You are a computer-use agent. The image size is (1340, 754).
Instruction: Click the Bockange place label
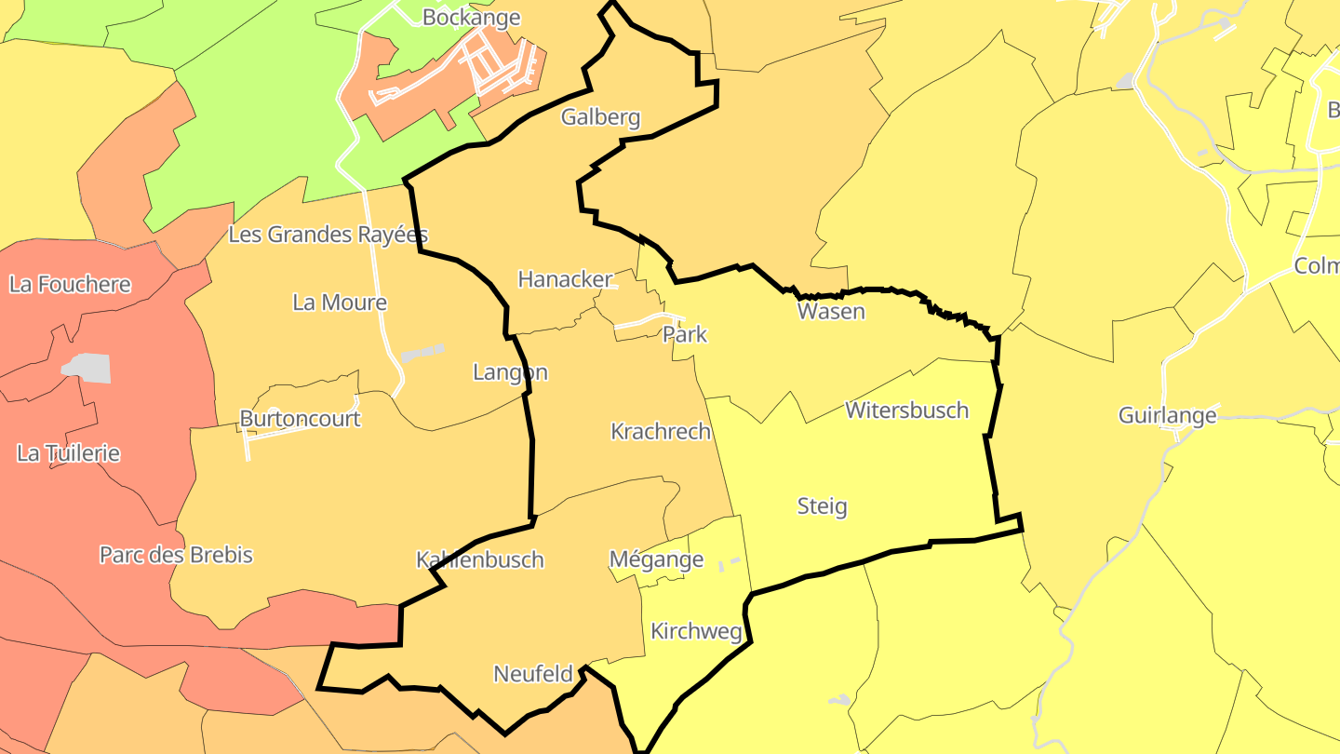[471, 18]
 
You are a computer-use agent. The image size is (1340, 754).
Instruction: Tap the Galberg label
[600, 117]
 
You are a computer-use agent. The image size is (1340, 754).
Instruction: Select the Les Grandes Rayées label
[328, 235]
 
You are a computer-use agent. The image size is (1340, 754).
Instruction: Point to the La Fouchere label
[70, 285]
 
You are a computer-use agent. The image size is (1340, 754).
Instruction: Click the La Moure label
[340, 303]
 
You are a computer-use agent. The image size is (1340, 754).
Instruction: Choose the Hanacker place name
[565, 279]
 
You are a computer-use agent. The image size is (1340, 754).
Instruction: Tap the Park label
[685, 335]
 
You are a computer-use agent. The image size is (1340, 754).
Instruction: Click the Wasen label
[831, 312]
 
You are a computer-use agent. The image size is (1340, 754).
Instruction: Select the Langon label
[510, 373]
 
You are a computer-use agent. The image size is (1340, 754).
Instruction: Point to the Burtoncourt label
[300, 419]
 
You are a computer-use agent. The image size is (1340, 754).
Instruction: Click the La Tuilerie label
[69, 454]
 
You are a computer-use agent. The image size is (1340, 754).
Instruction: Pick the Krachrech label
[661, 432]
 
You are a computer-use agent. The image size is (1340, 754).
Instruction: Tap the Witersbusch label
[906, 411]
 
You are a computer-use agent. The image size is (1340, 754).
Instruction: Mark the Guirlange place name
[1167, 415]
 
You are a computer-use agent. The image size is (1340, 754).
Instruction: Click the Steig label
[823, 506]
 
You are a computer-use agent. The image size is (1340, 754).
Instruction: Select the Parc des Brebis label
[176, 555]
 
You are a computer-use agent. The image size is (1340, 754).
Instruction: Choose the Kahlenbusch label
[479, 560]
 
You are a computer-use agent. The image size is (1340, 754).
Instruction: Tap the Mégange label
[656, 560]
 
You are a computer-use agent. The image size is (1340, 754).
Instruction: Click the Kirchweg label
[696, 632]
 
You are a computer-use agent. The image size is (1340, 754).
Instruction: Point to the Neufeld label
[532, 675]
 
